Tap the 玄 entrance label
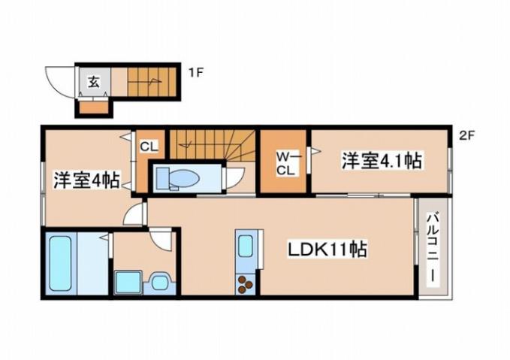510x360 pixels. [x=94, y=81]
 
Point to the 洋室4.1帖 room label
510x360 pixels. [x=381, y=160]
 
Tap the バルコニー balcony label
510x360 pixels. [x=433, y=248]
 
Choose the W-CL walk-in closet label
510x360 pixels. [x=285, y=163]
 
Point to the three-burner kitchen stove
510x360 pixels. [x=246, y=283]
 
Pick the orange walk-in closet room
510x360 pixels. [x=284, y=161]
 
